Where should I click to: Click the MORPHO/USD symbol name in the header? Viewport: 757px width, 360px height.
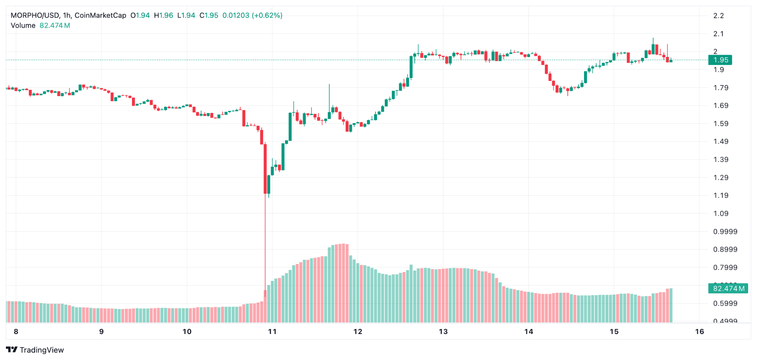(x=35, y=16)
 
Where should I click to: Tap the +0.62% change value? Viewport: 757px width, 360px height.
(x=267, y=16)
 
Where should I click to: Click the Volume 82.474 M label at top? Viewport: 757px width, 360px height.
(x=40, y=26)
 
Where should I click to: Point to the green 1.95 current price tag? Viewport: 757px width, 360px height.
(x=720, y=60)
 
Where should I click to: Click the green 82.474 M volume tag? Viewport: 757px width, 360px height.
(x=728, y=288)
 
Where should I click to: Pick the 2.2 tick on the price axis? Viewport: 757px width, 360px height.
(x=719, y=16)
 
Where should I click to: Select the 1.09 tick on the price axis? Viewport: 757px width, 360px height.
(x=721, y=213)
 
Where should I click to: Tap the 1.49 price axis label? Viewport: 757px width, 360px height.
(x=721, y=142)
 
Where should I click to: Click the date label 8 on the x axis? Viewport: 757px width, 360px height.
(x=16, y=332)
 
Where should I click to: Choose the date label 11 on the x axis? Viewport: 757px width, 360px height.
(x=272, y=332)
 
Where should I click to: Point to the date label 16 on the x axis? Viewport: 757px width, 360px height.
(x=699, y=332)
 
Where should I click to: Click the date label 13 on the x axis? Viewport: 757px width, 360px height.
(x=443, y=332)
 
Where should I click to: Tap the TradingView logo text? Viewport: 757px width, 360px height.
(x=35, y=350)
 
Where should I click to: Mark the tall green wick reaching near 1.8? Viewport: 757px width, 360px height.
(x=329, y=96)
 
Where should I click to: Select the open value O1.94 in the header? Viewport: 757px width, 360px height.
(x=140, y=16)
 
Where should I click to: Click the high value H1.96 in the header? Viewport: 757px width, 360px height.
(x=163, y=16)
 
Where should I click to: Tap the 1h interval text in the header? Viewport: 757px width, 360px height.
(x=67, y=16)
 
